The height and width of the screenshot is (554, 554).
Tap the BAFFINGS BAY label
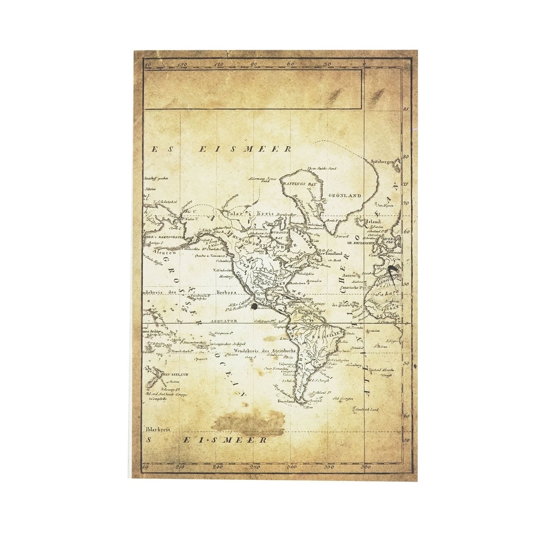coord(299,184)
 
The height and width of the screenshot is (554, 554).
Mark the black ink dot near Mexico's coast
coord(254,306)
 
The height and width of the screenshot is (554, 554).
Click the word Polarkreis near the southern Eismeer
coord(157,429)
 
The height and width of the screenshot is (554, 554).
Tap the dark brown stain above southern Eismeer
coord(249,422)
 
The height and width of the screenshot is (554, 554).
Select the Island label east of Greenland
coord(374,221)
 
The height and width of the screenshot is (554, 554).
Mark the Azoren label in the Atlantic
coord(348,275)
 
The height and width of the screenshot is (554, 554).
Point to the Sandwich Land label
coord(367,410)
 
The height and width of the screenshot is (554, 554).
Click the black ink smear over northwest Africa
coord(393,270)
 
